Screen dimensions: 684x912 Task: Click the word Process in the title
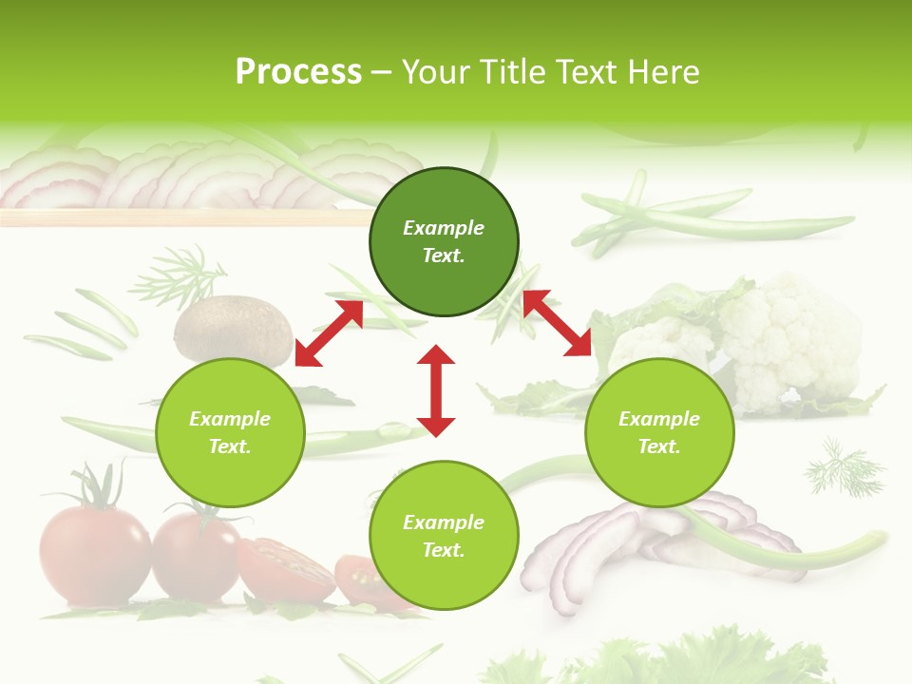click(298, 72)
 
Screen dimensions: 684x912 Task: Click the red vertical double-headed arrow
click(436, 390)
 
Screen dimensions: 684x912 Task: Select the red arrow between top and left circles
click(329, 333)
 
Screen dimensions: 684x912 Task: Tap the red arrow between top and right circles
click(558, 323)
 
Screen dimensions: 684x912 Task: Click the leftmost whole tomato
click(94, 555)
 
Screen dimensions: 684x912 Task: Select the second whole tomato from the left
click(197, 556)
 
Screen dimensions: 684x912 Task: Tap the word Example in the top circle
click(444, 228)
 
